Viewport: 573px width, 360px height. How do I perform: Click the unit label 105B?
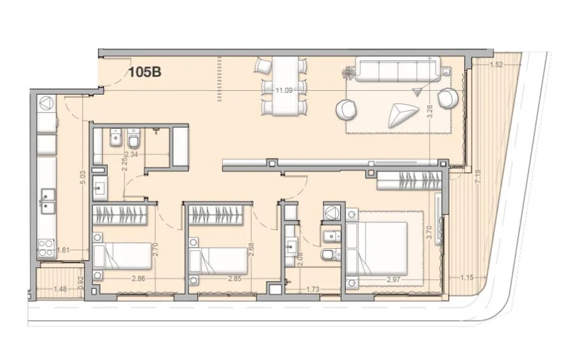[x=145, y=72]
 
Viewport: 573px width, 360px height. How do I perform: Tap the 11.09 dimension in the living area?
[x=284, y=90]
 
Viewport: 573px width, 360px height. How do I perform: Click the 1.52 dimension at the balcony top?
[x=497, y=65]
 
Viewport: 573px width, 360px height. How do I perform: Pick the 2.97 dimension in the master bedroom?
[x=394, y=280]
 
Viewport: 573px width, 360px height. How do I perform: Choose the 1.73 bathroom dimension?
[x=312, y=289]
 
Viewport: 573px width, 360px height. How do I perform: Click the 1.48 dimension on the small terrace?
[x=60, y=289]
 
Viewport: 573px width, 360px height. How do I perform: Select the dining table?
[x=285, y=86]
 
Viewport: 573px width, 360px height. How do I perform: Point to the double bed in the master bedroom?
[x=376, y=248]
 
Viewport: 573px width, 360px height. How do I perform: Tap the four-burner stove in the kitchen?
[x=46, y=248]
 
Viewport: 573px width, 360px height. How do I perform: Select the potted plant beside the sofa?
[x=347, y=74]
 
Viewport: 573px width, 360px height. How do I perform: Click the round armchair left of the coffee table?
[x=346, y=109]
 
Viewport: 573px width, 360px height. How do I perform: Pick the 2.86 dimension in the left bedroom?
[x=138, y=278]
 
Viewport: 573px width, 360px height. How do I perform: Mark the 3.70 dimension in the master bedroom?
[x=430, y=232]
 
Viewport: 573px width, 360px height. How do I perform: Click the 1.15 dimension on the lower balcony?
[x=466, y=277]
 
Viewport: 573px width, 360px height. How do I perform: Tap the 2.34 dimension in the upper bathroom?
[x=131, y=154]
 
